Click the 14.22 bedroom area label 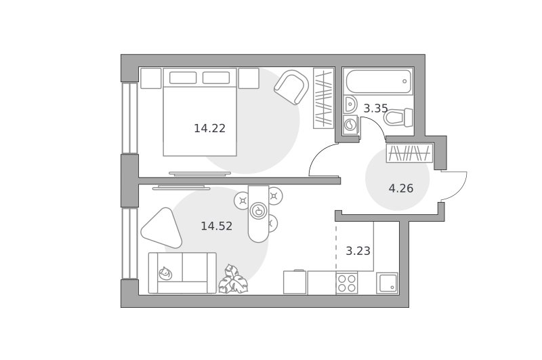209,129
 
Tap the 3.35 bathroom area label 375,108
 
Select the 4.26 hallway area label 401,188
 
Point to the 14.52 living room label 216,226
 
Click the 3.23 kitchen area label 358,251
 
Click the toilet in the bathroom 398,117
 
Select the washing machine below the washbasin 350,125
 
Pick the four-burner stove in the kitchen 347,283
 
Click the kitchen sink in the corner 387,283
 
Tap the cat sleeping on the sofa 165,273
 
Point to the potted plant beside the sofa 233,279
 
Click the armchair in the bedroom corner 292,87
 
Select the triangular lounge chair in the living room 162,228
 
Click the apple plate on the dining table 259,211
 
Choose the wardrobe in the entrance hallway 410,153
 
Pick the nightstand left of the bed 151,78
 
